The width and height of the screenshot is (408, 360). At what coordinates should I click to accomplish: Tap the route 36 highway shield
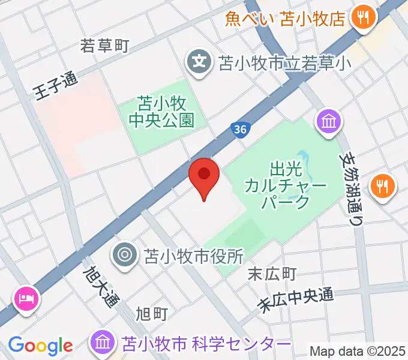(x=240, y=130)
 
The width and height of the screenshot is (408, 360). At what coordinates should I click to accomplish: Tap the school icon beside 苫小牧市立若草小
(x=199, y=61)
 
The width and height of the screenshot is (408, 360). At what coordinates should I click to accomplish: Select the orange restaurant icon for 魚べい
(x=362, y=18)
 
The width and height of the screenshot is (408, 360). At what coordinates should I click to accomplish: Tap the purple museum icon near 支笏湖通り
(x=329, y=123)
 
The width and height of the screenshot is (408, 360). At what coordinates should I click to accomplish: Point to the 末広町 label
(x=272, y=274)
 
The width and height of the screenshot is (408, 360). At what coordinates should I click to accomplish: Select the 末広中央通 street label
(x=295, y=299)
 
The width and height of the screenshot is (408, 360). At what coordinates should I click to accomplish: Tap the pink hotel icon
(x=27, y=298)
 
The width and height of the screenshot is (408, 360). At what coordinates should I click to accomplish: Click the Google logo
(x=40, y=346)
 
